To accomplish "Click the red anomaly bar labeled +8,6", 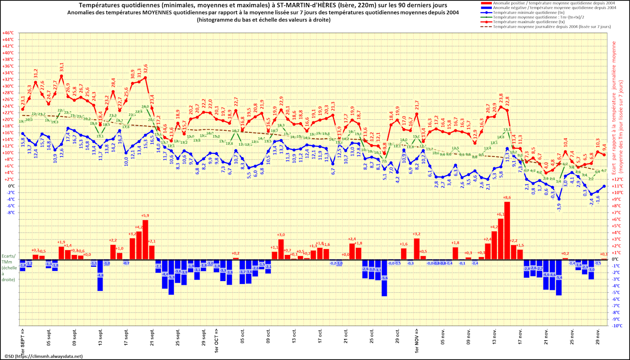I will pyautogui.click(x=507, y=231).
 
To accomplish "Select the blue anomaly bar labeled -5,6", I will pyautogui.click(x=384, y=278).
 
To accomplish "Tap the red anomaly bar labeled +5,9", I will pyautogui.click(x=145, y=239).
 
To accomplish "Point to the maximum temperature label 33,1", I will pyautogui.click(x=62, y=67).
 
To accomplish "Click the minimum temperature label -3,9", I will pyautogui.click(x=559, y=207).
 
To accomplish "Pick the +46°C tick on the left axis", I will pyautogui.click(x=8, y=33).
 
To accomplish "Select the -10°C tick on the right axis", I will pyautogui.click(x=617, y=326).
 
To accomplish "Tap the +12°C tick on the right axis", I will pyautogui.click(x=617, y=179).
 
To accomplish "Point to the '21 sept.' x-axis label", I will pyautogui.click(x=152, y=338).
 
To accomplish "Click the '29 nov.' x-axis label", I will pyautogui.click(x=598, y=338).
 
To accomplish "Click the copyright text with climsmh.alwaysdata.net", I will pyautogui.click(x=44, y=356).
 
